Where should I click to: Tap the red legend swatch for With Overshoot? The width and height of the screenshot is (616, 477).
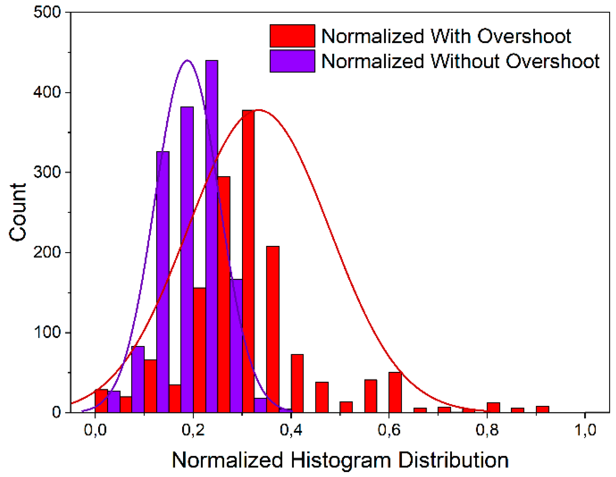(x=292, y=36)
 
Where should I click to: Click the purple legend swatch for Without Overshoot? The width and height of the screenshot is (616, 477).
(x=292, y=61)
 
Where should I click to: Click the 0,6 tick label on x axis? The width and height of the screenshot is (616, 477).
(x=389, y=430)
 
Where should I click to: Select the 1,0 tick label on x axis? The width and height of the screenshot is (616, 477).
(x=585, y=430)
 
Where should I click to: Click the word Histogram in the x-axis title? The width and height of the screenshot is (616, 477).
(x=341, y=460)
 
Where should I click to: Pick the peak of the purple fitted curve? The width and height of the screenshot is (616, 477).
(x=187, y=60)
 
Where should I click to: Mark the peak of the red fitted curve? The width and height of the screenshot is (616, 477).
(x=259, y=110)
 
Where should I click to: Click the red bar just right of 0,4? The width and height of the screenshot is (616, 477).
(x=297, y=383)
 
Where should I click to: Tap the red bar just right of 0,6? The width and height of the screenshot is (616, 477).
(x=395, y=392)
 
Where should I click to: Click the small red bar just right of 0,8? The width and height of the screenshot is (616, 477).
(x=493, y=407)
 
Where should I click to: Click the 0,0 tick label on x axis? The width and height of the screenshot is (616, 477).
(x=95, y=430)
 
